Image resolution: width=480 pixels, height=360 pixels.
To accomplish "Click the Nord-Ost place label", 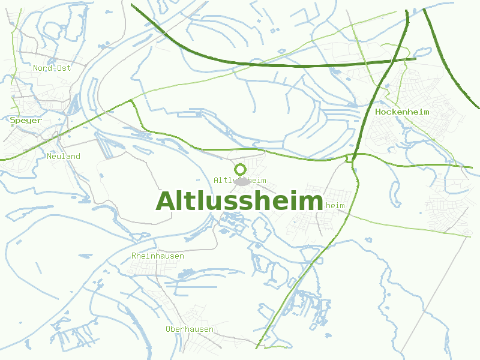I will (x=52, y=68).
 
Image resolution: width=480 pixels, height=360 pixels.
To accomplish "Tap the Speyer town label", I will (x=26, y=120).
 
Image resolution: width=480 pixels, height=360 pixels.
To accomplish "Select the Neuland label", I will (x=64, y=156).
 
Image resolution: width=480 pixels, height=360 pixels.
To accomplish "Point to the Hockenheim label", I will (x=402, y=112).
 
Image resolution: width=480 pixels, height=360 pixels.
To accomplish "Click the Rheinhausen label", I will (x=158, y=256).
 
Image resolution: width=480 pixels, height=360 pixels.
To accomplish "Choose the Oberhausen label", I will (x=190, y=329).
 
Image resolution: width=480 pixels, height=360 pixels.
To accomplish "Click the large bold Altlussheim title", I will (x=239, y=201).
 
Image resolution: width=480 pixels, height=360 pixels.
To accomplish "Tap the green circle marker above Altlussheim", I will (x=240, y=169).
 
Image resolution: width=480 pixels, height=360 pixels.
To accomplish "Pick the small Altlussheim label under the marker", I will (x=240, y=180).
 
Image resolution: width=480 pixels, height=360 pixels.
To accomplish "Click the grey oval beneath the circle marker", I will (x=241, y=180).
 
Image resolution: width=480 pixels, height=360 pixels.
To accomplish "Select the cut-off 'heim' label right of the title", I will (x=335, y=205).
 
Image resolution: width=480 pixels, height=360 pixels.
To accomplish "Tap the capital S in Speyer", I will (x=13, y=120).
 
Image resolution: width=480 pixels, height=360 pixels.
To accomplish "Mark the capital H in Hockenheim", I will (x=378, y=112).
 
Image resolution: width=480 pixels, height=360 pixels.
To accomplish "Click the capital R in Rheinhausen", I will (x=134, y=256).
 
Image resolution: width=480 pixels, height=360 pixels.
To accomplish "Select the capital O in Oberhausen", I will (x=168, y=329).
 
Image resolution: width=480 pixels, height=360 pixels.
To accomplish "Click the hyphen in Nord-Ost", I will (x=52, y=68).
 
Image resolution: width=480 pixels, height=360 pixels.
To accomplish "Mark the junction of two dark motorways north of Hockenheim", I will (x=390, y=61).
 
